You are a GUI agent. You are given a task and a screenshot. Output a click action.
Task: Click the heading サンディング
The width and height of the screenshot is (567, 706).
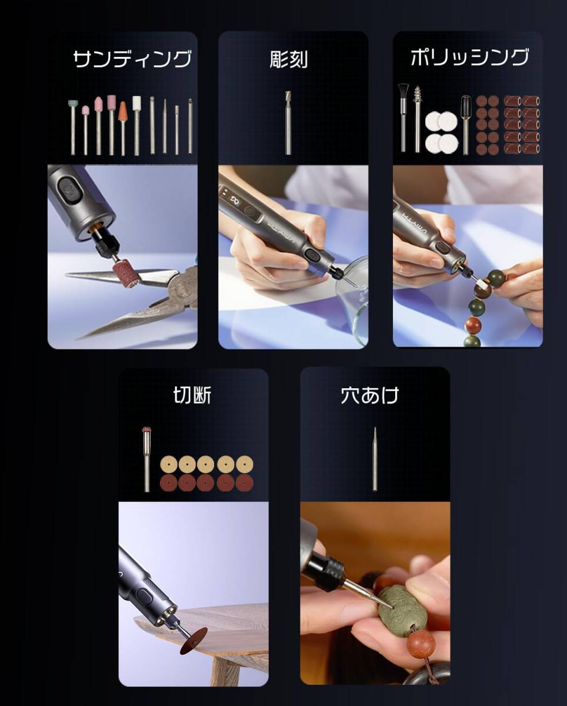[132, 59]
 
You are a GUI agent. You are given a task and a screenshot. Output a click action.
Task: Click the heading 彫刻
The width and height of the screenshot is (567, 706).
[288, 59]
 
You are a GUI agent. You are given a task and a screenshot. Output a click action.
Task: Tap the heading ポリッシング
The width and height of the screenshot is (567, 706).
[469, 58]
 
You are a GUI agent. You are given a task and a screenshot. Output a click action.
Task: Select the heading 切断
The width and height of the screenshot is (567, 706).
[192, 395]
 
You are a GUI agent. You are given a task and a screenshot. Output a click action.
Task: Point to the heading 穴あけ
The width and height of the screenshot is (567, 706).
[369, 395]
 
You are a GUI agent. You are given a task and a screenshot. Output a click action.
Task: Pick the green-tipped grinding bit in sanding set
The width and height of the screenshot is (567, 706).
[72, 105]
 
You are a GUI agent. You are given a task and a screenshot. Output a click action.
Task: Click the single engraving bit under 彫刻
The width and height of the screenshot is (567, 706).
[288, 124]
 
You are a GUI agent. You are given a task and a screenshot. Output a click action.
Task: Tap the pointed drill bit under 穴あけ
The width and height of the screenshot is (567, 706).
[375, 459]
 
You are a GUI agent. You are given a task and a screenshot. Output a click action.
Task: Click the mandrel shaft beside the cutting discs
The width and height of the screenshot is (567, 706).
[146, 459]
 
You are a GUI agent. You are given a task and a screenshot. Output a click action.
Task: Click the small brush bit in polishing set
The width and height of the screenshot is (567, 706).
[403, 92]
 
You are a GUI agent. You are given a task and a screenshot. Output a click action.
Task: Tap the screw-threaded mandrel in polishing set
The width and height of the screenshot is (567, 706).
[418, 97]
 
